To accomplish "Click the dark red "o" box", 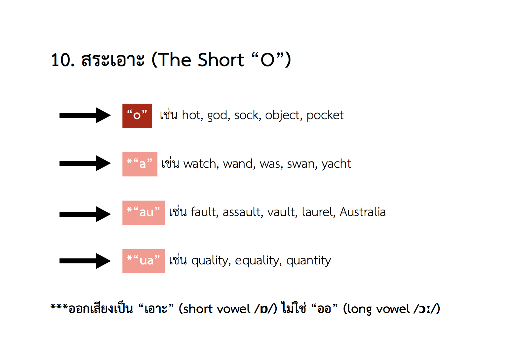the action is [x=137, y=116].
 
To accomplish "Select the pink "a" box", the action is [x=140, y=164].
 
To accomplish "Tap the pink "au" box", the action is [x=144, y=213].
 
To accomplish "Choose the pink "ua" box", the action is [x=144, y=261].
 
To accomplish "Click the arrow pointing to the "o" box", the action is [x=85, y=115].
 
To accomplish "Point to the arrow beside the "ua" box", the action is [x=85, y=261].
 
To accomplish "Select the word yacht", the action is [x=336, y=164].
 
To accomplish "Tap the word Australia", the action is [x=363, y=212].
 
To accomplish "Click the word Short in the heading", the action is [x=221, y=60].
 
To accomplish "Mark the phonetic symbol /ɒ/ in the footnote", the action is [x=265, y=309].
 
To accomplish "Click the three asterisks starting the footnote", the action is [x=59, y=307].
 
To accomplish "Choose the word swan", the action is [x=302, y=164].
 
